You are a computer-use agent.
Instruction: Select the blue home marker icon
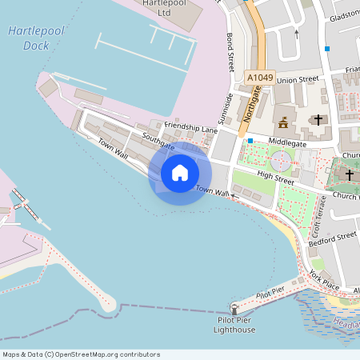coord(180,173)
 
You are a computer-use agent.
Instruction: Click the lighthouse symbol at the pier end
coord(234,308)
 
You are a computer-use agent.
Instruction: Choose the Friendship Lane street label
coord(191,126)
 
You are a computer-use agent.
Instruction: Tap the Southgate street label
coord(158,140)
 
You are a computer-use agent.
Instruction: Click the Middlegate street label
coord(287,142)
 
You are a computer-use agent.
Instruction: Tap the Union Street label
coord(298,80)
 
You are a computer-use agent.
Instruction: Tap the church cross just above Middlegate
coord(318,120)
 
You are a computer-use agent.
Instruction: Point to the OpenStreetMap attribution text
coord(81,354)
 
